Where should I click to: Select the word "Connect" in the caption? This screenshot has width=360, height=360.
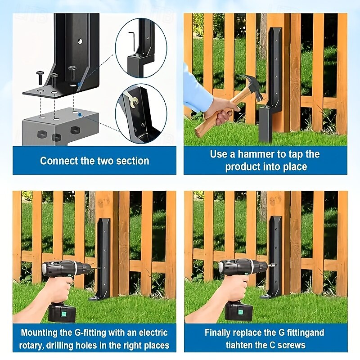coord(58,161)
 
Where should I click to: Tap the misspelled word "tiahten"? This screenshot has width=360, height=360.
coord(241,345)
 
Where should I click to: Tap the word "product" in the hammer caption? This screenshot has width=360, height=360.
coord(243,166)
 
